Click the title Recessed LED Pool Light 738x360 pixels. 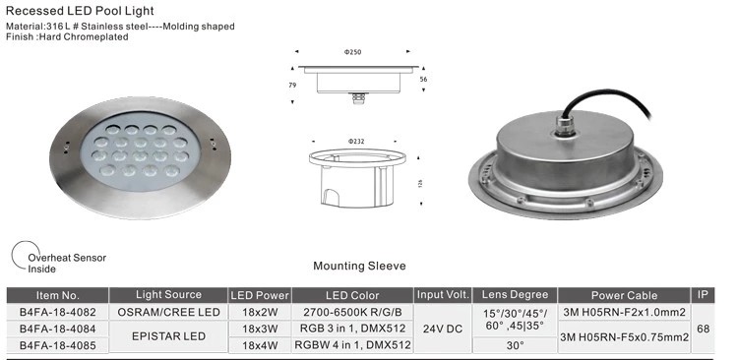tap(80, 11)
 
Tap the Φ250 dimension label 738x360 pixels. tap(352, 53)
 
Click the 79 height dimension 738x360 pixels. tap(292, 86)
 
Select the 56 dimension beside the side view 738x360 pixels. tap(423, 80)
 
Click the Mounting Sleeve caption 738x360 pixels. tap(359, 266)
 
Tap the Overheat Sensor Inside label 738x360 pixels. tap(67, 263)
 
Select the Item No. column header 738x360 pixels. tap(58, 295)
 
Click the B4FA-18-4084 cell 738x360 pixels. tap(58, 329)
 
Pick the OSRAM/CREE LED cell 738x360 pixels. tap(168, 312)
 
